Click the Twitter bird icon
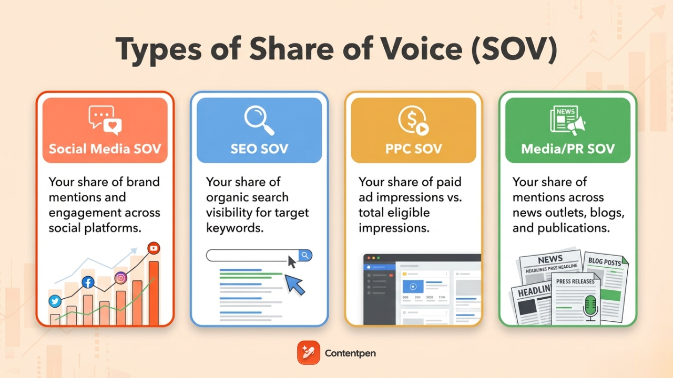click(55, 301)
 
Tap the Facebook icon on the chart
click(88, 282)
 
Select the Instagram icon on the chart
click(121, 278)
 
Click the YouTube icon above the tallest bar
click(154, 248)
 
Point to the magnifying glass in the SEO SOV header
click(259, 121)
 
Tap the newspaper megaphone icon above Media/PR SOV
click(567, 121)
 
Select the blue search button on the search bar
click(305, 256)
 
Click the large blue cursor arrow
click(295, 284)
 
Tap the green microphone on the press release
click(591, 307)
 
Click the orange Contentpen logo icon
click(308, 353)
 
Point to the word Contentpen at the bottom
click(350, 353)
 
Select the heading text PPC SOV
click(413, 149)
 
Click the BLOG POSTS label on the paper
click(604, 261)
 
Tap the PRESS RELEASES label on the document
click(575, 281)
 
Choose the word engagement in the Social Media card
click(82, 213)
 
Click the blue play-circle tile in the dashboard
click(413, 287)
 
